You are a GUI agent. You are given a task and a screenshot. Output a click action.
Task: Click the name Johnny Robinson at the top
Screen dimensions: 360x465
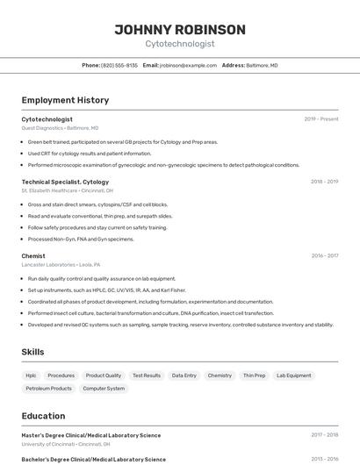coord(179,29)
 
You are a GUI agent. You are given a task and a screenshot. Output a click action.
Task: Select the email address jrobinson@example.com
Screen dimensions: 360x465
coord(188,65)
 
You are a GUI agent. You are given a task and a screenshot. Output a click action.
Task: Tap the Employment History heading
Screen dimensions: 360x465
coord(65,100)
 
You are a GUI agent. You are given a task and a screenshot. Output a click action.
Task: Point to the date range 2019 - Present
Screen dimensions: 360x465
coord(321,118)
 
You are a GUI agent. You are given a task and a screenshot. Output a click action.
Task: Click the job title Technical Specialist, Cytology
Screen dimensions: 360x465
coord(65,182)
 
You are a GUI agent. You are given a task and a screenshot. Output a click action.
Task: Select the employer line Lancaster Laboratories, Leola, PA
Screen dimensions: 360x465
coord(61,264)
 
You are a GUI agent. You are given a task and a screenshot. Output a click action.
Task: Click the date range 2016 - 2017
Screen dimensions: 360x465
coord(325,255)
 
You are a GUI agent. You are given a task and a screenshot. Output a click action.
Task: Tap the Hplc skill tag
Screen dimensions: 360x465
coord(31,376)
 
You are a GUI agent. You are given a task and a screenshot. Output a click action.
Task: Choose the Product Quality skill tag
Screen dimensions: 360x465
coord(104,376)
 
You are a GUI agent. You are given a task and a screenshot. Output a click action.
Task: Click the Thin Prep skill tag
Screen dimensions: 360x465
coord(254,376)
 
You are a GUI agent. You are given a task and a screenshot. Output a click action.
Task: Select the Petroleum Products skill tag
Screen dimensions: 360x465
coord(48,388)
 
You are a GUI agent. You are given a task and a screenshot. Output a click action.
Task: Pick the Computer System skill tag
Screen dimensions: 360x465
coord(104,388)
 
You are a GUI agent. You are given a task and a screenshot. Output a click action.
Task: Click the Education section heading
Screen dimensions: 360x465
coord(43,416)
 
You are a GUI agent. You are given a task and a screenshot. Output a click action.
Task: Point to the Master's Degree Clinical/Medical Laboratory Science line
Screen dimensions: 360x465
coord(90,434)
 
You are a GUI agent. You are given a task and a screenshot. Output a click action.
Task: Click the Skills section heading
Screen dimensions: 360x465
coord(33,352)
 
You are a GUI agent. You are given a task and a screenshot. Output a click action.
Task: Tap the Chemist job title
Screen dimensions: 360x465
coord(33,255)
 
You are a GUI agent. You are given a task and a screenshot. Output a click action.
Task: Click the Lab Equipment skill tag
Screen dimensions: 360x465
coord(293,376)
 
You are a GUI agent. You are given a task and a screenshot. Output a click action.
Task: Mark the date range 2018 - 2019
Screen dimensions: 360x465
coord(324,182)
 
